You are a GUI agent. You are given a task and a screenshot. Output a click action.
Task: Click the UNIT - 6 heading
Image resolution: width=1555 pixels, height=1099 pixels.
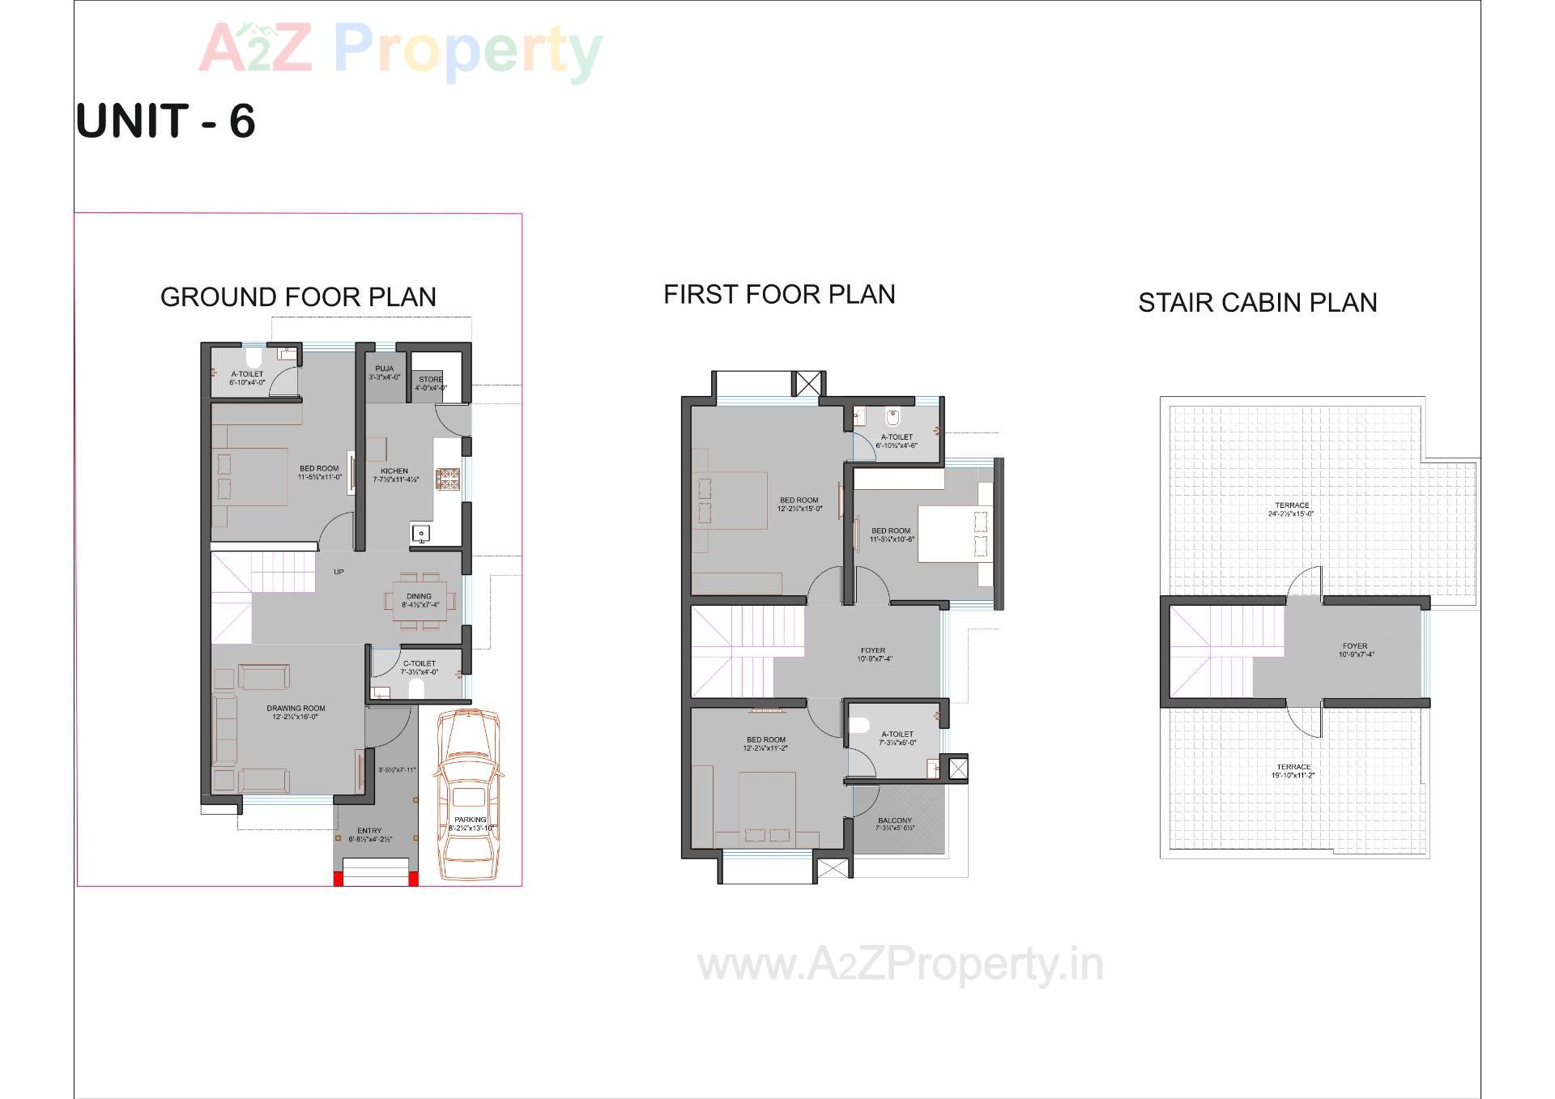click(166, 121)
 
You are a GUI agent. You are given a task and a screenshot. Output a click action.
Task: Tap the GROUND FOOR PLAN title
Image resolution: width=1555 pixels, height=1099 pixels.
click(298, 297)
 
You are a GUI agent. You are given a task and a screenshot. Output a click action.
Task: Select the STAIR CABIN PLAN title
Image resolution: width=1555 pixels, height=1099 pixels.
click(1257, 303)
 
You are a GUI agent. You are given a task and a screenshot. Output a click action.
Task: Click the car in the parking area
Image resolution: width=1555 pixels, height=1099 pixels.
click(468, 794)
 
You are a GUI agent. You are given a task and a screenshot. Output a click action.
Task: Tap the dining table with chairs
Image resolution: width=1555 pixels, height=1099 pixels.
click(419, 600)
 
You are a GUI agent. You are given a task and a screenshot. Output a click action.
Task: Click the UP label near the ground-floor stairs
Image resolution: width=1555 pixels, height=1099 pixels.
click(339, 572)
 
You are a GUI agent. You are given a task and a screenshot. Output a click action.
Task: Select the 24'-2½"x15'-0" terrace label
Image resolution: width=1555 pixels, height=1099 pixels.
click(1291, 509)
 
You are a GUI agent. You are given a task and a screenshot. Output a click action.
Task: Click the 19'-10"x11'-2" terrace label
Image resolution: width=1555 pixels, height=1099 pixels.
click(1293, 771)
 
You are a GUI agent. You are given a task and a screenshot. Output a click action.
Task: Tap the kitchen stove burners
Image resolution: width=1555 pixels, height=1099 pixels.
click(447, 479)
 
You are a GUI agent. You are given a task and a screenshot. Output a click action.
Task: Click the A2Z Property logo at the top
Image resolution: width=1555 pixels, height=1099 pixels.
click(401, 50)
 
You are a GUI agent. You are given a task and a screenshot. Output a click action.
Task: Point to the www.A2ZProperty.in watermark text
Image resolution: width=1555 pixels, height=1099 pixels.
click(900, 965)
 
